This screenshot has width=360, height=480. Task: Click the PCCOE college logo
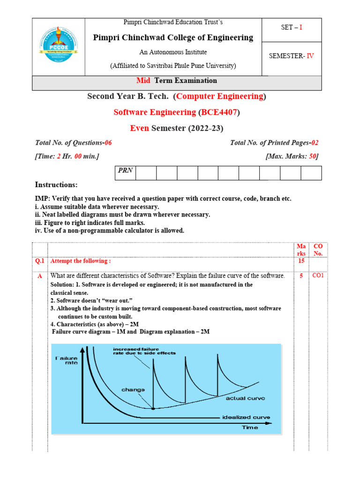[58, 47]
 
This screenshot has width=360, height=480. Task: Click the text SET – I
[292, 28]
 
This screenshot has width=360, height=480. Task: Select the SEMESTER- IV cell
[291, 56]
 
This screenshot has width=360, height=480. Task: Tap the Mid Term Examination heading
[176, 81]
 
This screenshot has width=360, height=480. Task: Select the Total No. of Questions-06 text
[74, 143]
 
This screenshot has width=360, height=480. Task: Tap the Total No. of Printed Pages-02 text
[274, 143]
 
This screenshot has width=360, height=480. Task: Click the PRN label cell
[125, 171]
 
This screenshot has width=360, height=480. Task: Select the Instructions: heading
[56, 185]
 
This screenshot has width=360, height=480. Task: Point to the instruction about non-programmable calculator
[110, 231]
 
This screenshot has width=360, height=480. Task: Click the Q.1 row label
[40, 261]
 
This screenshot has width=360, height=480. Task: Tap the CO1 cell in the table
[319, 276]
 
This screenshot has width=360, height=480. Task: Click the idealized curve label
[246, 417]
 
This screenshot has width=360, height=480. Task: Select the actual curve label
[245, 398]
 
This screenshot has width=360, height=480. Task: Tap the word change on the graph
[134, 390]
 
